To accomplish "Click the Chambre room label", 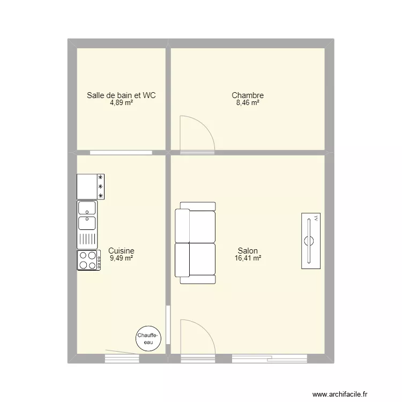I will tap(248, 96).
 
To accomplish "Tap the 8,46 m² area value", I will tap(248, 103).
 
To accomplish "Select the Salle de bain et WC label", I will tap(122, 95).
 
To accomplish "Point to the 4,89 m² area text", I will tap(122, 103).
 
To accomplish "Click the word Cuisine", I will tap(121, 250).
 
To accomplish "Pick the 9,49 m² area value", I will tap(121, 258).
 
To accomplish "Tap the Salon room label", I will tap(248, 250).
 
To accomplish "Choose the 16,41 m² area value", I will tap(248, 258).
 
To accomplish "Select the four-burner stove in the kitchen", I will tap(89, 260).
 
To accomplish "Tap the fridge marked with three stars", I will tap(91, 186).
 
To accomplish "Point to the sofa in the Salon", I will tap(196, 243).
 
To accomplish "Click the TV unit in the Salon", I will tap(310, 240).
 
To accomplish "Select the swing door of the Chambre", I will tap(196, 134).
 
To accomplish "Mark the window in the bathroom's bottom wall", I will tap(121, 152).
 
